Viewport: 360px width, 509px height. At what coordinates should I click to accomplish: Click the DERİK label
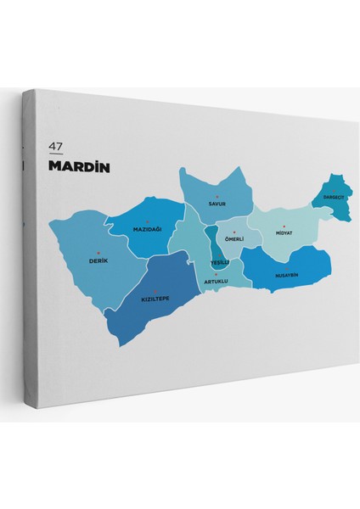click(x=98, y=260)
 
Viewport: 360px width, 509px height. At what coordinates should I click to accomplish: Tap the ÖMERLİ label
click(x=233, y=239)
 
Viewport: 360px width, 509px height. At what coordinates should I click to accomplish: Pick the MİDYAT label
click(x=284, y=232)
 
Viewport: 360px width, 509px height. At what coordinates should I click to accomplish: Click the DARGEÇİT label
click(x=329, y=197)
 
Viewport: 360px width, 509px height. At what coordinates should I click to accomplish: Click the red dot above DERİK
click(x=98, y=253)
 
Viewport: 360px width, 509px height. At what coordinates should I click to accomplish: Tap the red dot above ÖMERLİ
click(x=233, y=232)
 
